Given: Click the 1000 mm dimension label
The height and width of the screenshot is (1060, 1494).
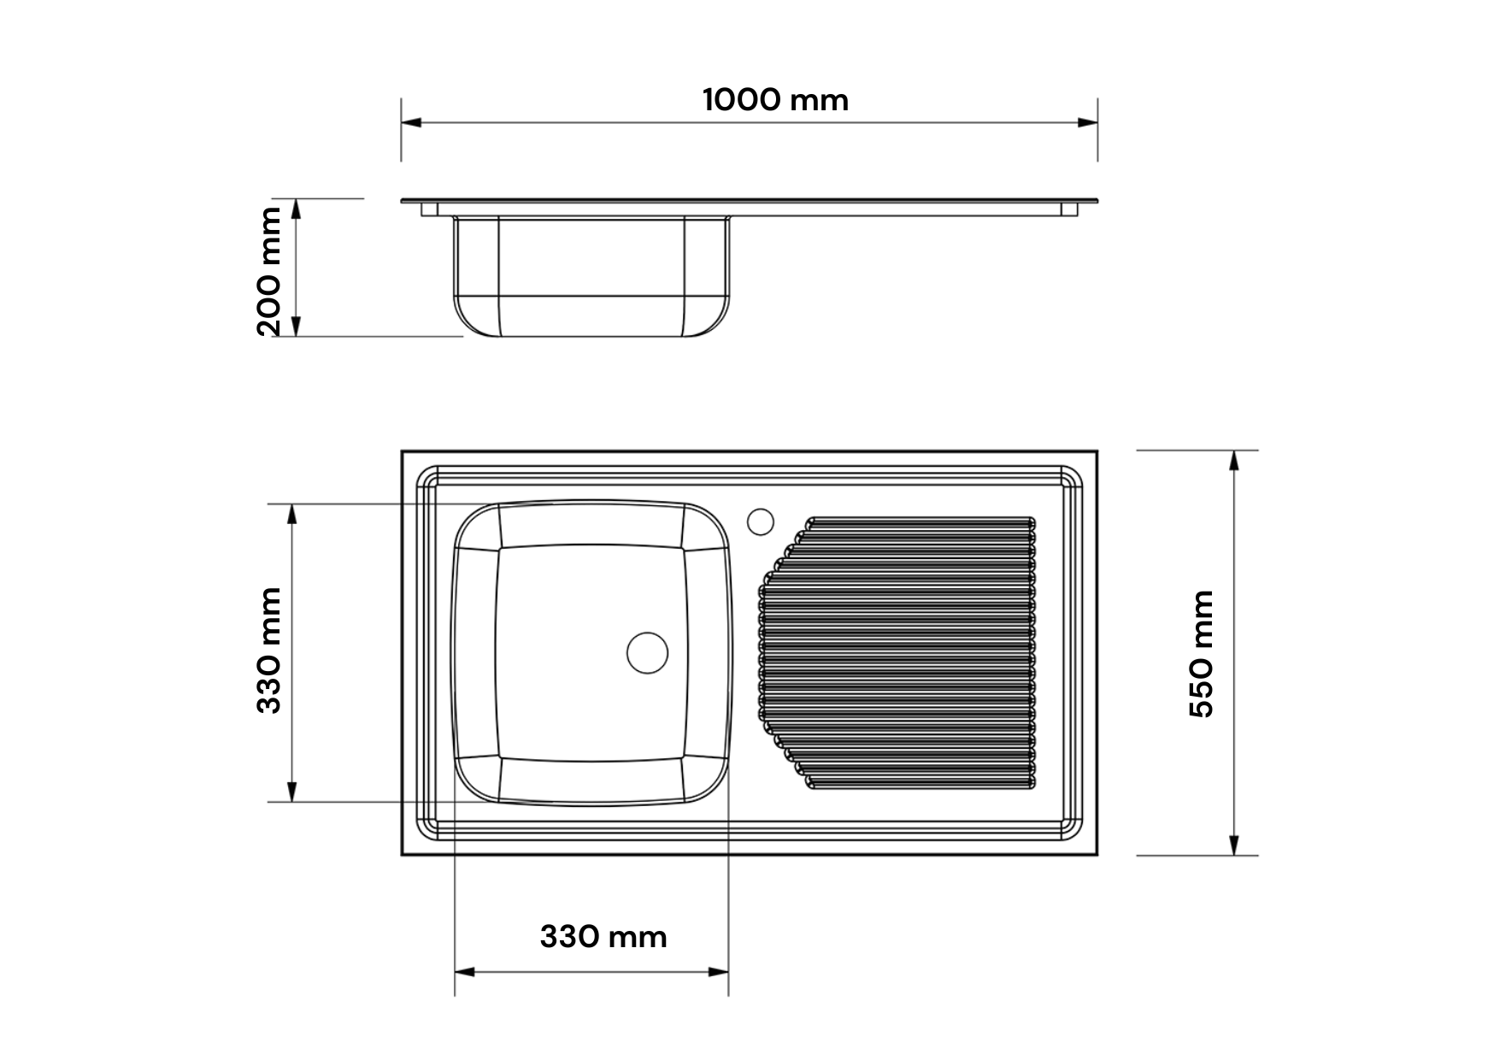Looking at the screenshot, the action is tap(775, 100).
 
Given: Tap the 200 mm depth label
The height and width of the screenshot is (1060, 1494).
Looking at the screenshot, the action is tap(268, 271).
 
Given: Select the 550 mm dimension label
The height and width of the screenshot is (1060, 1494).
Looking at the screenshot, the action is tap(1201, 653).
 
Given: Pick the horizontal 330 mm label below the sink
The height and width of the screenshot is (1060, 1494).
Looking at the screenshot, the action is tap(603, 937).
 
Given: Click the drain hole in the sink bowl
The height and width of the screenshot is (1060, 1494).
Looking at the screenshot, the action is tap(647, 652).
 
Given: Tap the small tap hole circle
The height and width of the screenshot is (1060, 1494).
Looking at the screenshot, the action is tap(760, 521).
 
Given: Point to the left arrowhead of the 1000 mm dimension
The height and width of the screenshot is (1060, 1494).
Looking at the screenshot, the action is tap(412, 123).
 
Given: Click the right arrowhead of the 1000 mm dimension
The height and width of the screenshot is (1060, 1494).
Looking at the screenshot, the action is tap(1087, 123).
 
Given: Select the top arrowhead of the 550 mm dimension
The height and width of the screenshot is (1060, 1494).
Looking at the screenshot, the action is tap(1234, 461).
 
